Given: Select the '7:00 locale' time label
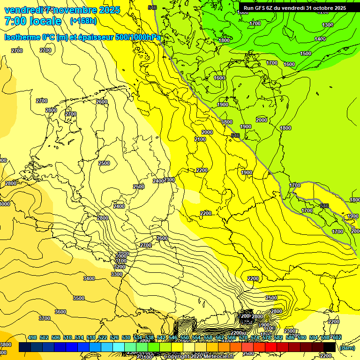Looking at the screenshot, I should pyautogui.click(x=33, y=21).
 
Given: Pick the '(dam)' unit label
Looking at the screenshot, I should pyautogui.click(x=347, y=348).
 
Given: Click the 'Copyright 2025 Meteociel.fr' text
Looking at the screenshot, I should pyautogui.click(x=199, y=357).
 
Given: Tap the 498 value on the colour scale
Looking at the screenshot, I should pyautogui.click(x=32, y=337).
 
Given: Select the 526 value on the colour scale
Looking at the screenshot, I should pyautogui.click(x=114, y=337).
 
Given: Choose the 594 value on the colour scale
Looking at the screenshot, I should pyautogui.click(x=313, y=337).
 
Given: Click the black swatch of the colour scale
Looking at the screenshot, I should pyautogui.click(x=330, y=347).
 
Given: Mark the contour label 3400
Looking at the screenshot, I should pyautogui.click(x=89, y=278).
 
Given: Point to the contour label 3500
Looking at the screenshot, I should pyautogui.click(x=79, y=298).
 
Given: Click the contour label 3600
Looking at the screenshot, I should pyautogui.click(x=60, y=312).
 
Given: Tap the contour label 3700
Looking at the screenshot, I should pyautogui.click(x=44, y=318).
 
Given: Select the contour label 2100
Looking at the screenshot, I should pyautogui.click(x=200, y=139).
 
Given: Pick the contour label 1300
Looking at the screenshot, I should pyautogui.click(x=328, y=25).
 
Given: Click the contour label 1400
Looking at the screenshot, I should pyautogui.click(x=320, y=39).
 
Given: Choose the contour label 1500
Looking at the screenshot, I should pyautogui.click(x=306, y=53).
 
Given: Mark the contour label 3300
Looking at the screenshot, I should pyautogui.click(x=117, y=274).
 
